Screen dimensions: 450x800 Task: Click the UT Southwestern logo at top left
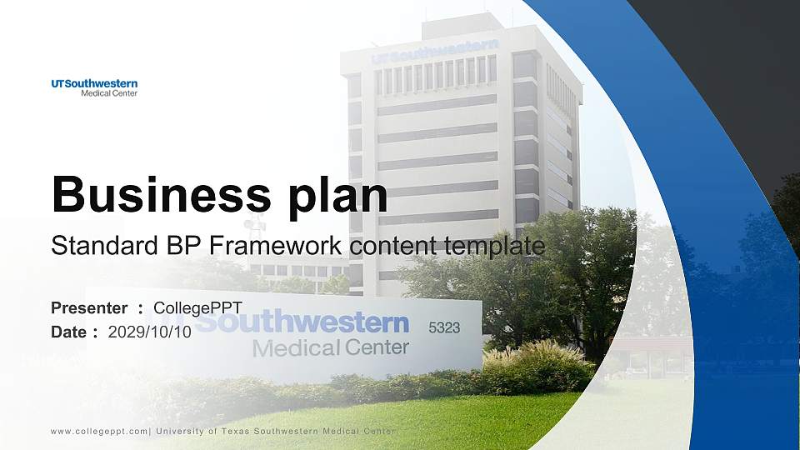click(x=93, y=87)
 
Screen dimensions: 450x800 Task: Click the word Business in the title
click(x=155, y=195)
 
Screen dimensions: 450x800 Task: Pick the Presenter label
click(x=89, y=308)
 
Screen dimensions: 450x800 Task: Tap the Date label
click(x=68, y=332)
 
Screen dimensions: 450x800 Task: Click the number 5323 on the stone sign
click(x=444, y=328)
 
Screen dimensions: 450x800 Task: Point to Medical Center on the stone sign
click(x=331, y=347)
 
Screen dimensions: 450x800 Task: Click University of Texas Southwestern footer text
click(x=275, y=431)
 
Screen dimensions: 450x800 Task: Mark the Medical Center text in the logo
click(x=108, y=93)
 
